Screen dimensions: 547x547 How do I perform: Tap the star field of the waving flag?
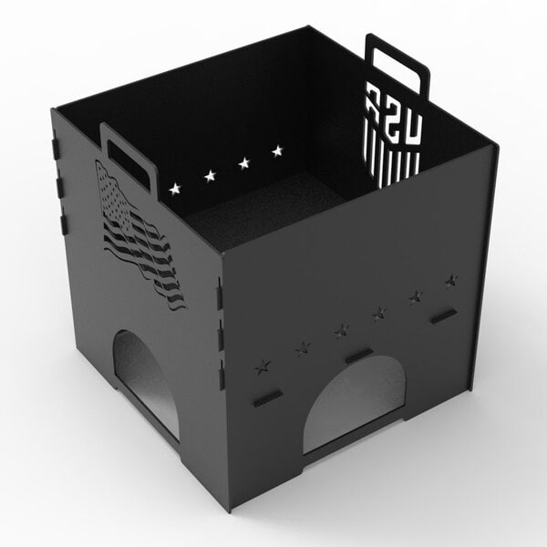111,191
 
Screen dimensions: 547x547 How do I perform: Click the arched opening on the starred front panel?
355,402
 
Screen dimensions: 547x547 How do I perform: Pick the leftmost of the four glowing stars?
174,189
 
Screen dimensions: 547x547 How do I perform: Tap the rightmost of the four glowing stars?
277,150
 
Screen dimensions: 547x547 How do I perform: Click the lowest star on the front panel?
262,367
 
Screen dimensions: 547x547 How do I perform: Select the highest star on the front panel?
451,281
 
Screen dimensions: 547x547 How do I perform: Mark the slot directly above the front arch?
359,355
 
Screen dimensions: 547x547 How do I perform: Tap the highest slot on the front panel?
444,315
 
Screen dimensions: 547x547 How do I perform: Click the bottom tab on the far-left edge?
64,223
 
